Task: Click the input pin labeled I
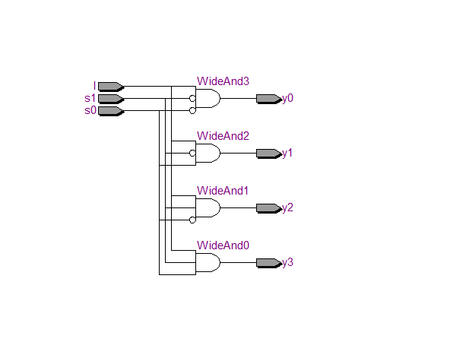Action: click(x=109, y=86)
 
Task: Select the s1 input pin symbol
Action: click(x=109, y=98)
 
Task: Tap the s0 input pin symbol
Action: click(x=109, y=110)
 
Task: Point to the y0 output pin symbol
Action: click(x=268, y=98)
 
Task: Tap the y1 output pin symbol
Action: click(x=268, y=153)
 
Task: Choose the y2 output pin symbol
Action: click(x=268, y=207)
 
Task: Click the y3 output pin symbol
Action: click(x=268, y=263)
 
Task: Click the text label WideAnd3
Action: click(x=223, y=81)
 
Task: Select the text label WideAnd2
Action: click(x=223, y=136)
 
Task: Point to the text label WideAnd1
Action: click(x=223, y=191)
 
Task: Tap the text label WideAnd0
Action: click(x=223, y=245)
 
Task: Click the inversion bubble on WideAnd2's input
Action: click(x=192, y=153)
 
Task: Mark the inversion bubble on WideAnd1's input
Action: click(x=192, y=220)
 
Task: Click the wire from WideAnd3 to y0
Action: click(x=239, y=98)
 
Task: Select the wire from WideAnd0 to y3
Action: click(x=239, y=263)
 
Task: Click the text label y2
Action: click(x=287, y=207)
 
